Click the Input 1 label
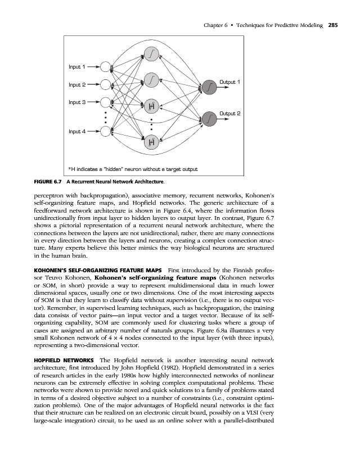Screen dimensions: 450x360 [76, 67]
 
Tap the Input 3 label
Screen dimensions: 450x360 [76, 103]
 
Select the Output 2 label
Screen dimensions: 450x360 [229, 114]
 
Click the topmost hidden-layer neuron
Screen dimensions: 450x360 [151, 53]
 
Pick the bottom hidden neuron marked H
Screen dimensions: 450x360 [151, 143]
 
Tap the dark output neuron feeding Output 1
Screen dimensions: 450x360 [209, 87]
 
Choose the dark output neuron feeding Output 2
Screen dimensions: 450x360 [209, 119]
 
